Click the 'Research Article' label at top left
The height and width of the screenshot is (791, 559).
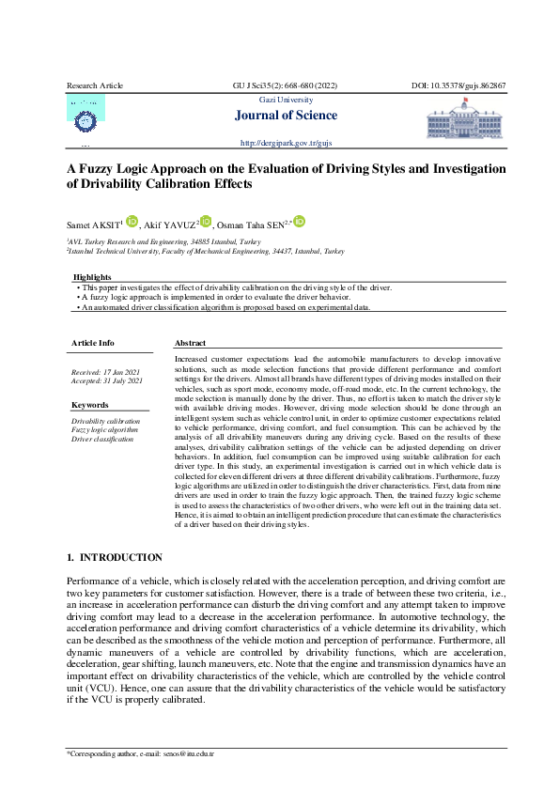(x=95, y=85)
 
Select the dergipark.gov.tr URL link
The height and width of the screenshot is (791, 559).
(x=287, y=143)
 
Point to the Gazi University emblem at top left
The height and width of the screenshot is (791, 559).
(x=85, y=118)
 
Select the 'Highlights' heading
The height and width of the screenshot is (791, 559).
(x=92, y=277)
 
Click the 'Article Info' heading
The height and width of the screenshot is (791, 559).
(x=93, y=343)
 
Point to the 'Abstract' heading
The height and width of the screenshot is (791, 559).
(x=190, y=343)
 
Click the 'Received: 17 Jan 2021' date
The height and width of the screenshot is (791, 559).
(x=106, y=373)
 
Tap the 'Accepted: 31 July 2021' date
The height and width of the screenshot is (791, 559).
(x=107, y=381)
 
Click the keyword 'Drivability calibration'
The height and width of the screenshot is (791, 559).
(x=105, y=422)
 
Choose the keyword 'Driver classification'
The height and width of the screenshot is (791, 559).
(x=102, y=439)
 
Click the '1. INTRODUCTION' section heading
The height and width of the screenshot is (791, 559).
(x=115, y=557)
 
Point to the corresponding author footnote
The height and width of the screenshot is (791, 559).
(x=140, y=753)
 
